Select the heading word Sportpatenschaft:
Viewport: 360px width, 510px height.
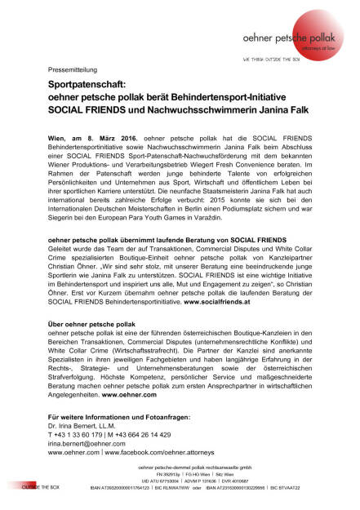point(87,85)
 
